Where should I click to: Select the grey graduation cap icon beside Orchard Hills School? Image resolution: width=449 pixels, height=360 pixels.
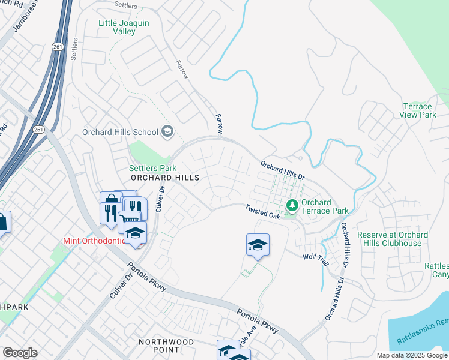pos(167,132)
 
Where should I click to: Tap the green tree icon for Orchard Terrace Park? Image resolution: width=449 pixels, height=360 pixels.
pos(292,206)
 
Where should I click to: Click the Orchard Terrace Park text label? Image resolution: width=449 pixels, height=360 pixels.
pos(325,207)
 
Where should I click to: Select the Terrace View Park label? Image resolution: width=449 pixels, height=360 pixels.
pos(418,110)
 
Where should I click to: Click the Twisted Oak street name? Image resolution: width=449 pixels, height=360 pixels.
pos(262,211)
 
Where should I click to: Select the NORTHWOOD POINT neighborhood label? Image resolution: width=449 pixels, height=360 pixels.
pos(166,346)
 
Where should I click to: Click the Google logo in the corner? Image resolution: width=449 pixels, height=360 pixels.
pos(20,353)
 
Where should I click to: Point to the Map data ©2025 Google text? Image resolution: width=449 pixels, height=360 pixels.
pos(412,355)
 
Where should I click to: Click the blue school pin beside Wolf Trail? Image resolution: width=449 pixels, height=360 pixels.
pos(258,245)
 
